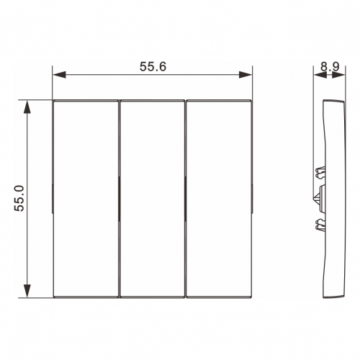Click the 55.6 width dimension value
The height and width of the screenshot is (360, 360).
coord(153,66)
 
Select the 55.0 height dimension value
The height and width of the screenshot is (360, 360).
coord(19,198)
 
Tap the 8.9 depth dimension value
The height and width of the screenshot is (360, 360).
coord(330,66)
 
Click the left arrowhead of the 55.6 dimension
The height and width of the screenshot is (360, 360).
coord(59,75)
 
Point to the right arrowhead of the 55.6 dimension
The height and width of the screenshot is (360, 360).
coord(246,75)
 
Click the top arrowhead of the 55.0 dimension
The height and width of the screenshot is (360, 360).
coord(27,107)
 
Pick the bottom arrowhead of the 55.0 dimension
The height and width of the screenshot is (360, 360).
coord(27,291)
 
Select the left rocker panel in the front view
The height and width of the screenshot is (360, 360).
coord(86,199)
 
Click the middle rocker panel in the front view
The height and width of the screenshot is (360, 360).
coord(152,199)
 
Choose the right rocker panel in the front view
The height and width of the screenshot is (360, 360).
coord(219,199)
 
